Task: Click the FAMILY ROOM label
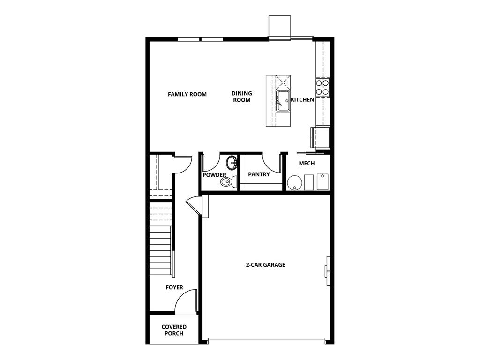coord(187,94)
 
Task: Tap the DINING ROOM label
coord(241,97)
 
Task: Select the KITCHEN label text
coord(302,100)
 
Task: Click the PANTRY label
coord(259,174)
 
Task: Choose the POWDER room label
coord(214,175)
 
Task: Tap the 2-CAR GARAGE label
coord(265,265)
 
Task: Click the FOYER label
coord(174,287)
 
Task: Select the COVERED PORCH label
coord(174,330)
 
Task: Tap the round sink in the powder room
coord(232,163)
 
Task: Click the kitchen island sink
coord(283,101)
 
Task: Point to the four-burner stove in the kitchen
coord(322,87)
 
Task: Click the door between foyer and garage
coord(195,205)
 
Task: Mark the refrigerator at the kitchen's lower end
coord(322,137)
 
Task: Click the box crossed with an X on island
coord(283,82)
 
